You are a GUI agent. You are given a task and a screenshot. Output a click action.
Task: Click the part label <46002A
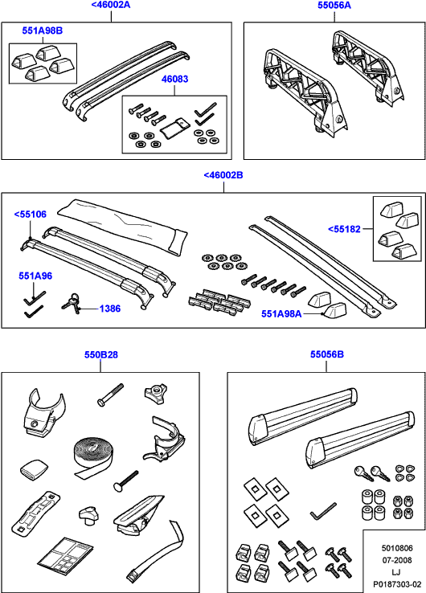(x=111, y=6)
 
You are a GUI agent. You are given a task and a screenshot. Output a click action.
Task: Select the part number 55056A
(x=334, y=6)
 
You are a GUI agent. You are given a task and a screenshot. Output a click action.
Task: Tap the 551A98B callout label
(x=43, y=31)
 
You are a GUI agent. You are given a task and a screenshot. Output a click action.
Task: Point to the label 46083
(x=174, y=79)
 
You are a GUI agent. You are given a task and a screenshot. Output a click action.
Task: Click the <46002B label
(x=223, y=175)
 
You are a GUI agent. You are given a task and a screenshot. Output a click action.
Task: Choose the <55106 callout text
(x=31, y=214)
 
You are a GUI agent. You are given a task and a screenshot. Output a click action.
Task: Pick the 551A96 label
(x=35, y=276)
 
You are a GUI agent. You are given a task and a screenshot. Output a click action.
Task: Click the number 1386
(x=110, y=309)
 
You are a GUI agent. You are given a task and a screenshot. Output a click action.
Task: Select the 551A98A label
(x=281, y=314)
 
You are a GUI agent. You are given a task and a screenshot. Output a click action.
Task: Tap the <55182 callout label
(x=344, y=229)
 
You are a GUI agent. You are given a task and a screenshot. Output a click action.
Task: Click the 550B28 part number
(x=101, y=354)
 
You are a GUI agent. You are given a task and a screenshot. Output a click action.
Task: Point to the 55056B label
(x=327, y=354)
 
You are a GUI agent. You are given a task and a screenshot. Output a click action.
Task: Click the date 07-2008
(x=397, y=560)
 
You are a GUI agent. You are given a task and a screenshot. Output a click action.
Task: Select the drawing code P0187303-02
(x=397, y=584)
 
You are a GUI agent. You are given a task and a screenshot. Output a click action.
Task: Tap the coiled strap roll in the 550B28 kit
(x=91, y=458)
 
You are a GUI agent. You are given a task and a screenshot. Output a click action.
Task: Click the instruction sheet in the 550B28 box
(x=65, y=554)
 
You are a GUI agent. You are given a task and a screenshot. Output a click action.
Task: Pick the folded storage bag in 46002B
(x=123, y=227)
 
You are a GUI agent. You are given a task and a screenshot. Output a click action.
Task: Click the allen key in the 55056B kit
(x=323, y=511)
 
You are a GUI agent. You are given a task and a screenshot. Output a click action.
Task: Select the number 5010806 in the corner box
(x=397, y=548)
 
